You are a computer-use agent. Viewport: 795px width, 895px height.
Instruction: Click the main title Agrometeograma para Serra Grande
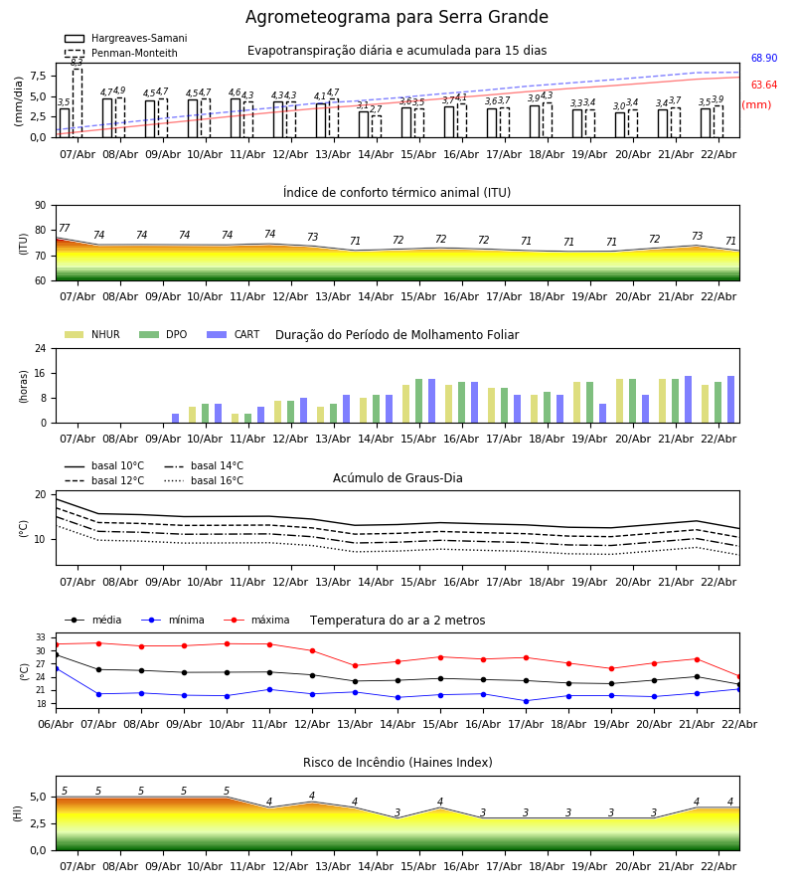[397, 18]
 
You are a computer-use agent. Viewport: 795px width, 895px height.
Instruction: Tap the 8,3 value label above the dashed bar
[77, 62]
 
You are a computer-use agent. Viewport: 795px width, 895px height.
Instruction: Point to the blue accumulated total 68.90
[763, 60]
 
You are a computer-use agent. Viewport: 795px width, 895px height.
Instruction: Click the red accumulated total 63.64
[763, 86]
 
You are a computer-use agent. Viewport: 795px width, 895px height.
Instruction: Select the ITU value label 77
[65, 229]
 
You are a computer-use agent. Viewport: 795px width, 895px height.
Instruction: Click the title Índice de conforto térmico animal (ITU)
[397, 193]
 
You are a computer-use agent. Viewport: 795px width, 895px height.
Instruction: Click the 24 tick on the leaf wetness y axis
[42, 349]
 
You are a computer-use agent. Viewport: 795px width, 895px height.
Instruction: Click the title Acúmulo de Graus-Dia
[397, 478]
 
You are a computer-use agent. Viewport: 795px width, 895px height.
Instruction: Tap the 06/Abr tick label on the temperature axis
[56, 723]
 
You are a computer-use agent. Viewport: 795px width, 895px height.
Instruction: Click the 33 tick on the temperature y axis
[42, 637]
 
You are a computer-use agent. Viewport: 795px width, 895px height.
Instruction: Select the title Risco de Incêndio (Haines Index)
[397, 763]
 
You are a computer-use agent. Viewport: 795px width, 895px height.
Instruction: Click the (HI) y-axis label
[18, 812]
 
